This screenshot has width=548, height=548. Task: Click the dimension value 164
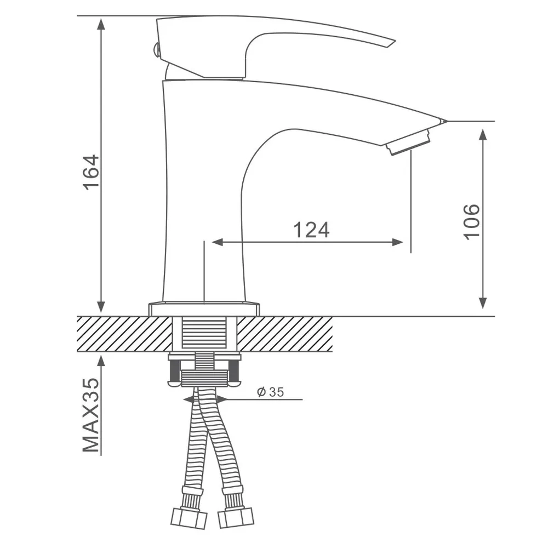point(91,172)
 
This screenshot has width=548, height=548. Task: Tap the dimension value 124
point(311,230)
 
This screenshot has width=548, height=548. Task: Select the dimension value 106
point(471,222)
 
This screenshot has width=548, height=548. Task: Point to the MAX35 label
point(91,415)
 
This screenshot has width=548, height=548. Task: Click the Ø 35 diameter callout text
point(270,392)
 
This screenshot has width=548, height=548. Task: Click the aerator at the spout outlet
point(408,142)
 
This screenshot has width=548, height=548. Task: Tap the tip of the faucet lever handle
point(395,42)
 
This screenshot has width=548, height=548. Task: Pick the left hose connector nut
point(189,518)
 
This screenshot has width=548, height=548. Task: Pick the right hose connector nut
point(236,518)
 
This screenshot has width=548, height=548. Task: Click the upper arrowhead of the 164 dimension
point(101,25)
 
